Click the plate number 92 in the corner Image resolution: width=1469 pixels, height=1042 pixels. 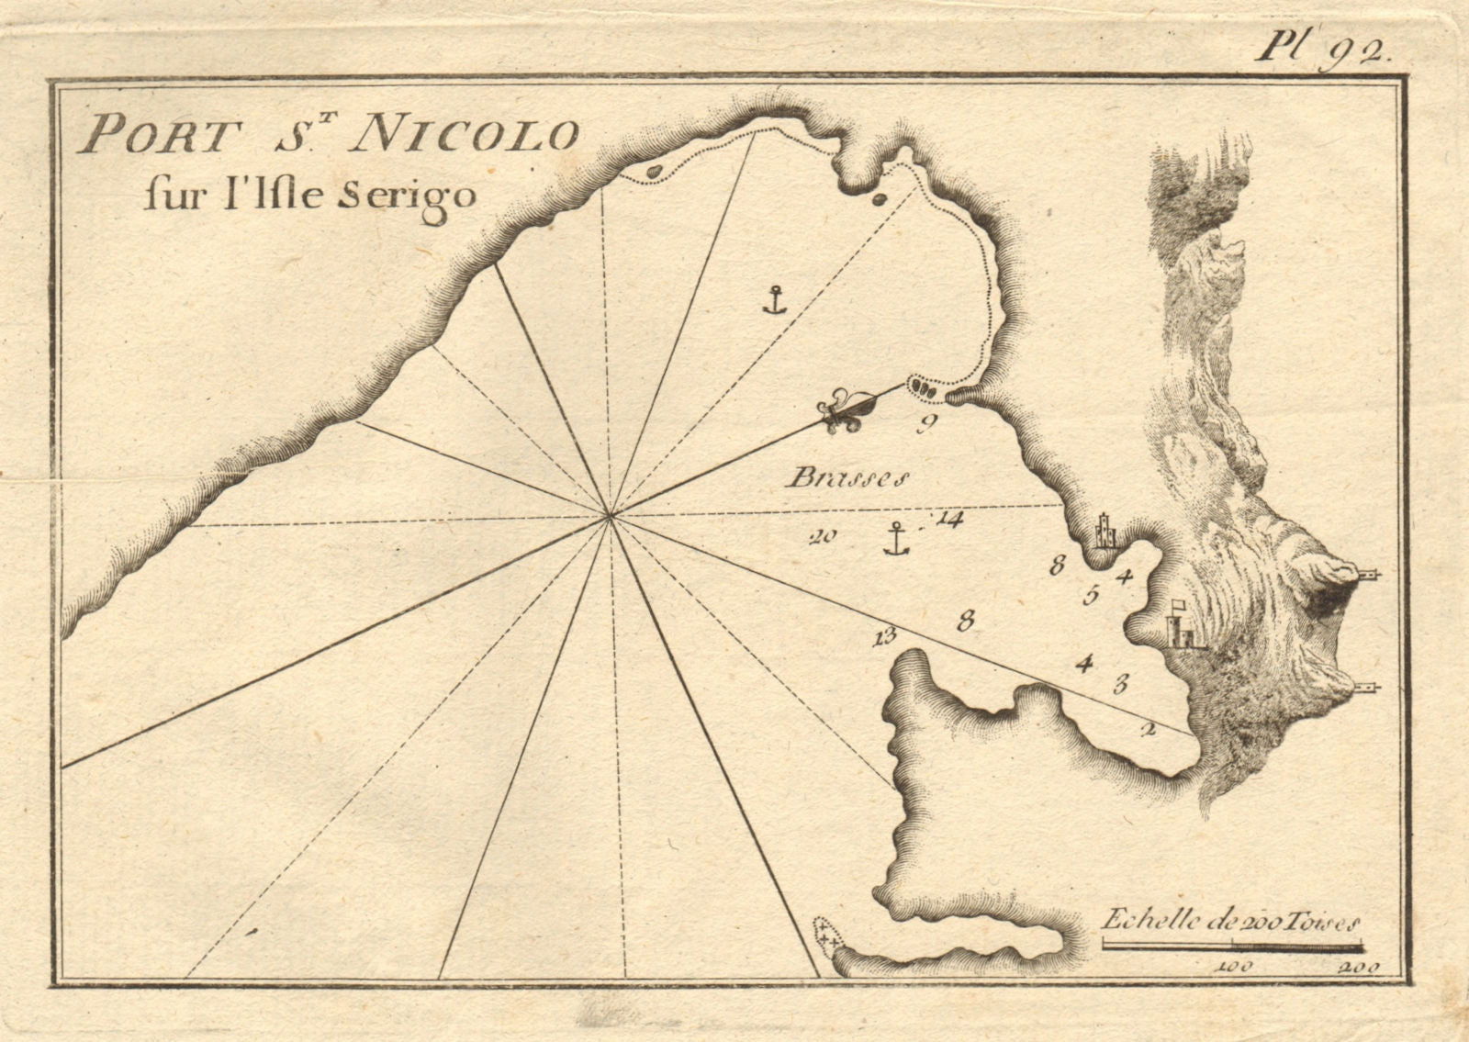[x=1365, y=50]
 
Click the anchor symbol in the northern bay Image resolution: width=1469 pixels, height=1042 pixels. [x=775, y=299]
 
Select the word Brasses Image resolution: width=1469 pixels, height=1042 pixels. [x=847, y=477]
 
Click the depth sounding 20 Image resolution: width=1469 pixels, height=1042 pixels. [x=819, y=538]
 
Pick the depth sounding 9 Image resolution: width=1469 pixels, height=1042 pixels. [x=925, y=423]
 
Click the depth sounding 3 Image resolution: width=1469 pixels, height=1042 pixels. [x=1120, y=683]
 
